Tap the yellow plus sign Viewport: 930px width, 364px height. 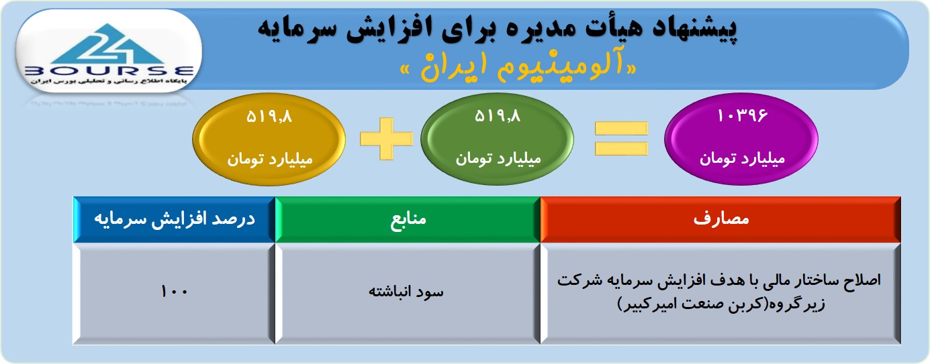pyautogui.click(x=386, y=139)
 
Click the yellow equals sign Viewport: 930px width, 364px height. pyautogui.click(x=621, y=139)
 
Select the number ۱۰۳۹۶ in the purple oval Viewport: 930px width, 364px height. pyautogui.click(x=743, y=116)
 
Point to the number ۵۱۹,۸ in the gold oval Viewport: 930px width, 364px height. pyautogui.click(x=269, y=117)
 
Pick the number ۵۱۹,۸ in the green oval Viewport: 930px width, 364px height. pyautogui.click(x=498, y=116)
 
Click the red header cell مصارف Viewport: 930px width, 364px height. pyautogui.click(x=720, y=219)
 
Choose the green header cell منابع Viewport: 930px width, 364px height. pyautogui.click(x=408, y=219)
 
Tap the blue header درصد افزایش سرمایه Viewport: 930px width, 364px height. pyautogui.click(x=175, y=219)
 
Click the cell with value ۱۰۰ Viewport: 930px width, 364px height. pyautogui.click(x=175, y=293)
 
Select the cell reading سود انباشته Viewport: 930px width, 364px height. pyautogui.click(x=408, y=293)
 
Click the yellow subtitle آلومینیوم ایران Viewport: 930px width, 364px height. pyautogui.click(x=518, y=68)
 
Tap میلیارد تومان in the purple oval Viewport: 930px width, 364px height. pyautogui.click(x=743, y=159)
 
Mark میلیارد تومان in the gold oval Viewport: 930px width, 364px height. pyautogui.click(x=270, y=160)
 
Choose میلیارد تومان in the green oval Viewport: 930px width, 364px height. pyautogui.click(x=498, y=159)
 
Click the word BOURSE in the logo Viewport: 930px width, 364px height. pyautogui.click(x=109, y=70)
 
